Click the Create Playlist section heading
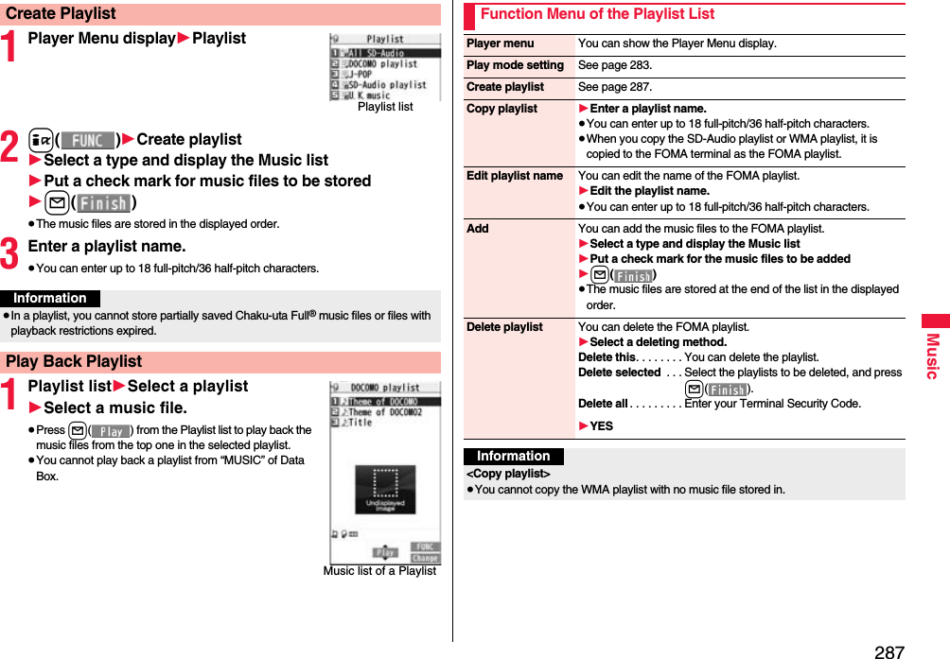point(61,14)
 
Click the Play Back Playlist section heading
point(74,361)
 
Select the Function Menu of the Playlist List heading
point(597,14)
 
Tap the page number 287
point(888,651)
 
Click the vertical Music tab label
point(932,356)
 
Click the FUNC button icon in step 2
point(87,140)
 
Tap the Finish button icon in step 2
point(103,203)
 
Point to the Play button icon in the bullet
point(111,431)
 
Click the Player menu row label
point(500,43)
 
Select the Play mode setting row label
point(515,65)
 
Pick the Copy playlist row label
point(501,109)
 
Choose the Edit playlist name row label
point(514,176)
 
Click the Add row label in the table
point(478,229)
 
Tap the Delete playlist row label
point(504,327)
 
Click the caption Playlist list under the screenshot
point(385,107)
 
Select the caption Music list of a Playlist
point(379,571)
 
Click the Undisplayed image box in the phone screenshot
point(384,490)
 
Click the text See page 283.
point(614,65)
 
